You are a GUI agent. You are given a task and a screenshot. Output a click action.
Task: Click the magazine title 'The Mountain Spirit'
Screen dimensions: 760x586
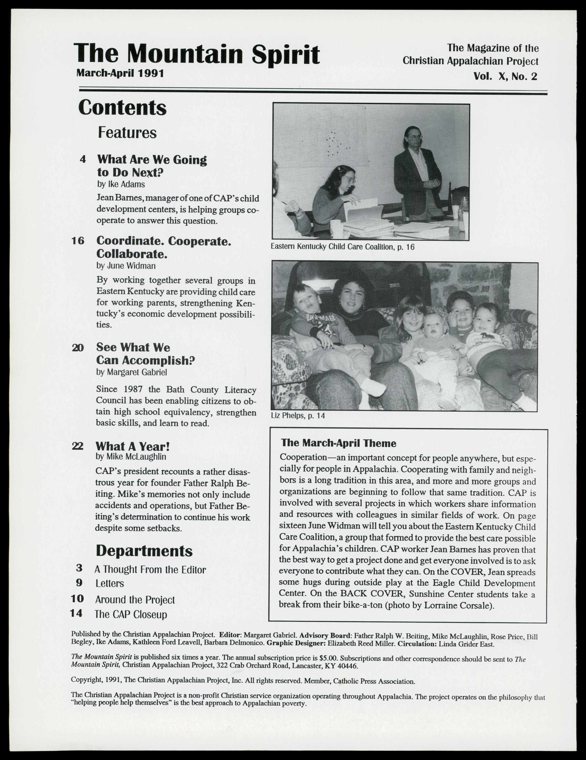click(x=196, y=54)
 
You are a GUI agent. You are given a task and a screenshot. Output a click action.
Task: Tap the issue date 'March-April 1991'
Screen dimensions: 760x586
click(x=120, y=73)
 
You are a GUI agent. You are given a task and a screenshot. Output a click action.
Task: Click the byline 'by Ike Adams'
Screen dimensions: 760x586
click(x=121, y=184)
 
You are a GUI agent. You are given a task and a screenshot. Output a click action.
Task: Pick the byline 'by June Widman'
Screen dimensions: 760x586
click(x=126, y=266)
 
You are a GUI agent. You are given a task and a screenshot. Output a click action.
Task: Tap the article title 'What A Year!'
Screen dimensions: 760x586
click(x=132, y=446)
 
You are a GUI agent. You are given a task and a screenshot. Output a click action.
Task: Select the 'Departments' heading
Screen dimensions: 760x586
click(x=144, y=551)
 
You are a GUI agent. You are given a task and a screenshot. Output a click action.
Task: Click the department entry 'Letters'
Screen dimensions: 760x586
click(x=110, y=583)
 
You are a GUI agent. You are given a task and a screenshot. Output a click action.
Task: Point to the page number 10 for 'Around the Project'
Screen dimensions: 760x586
click(x=77, y=599)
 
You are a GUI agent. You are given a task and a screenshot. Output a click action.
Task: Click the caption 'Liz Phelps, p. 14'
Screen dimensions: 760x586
click(x=298, y=415)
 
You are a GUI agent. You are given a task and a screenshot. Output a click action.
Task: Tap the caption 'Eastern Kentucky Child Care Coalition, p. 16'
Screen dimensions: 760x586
click(x=342, y=247)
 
